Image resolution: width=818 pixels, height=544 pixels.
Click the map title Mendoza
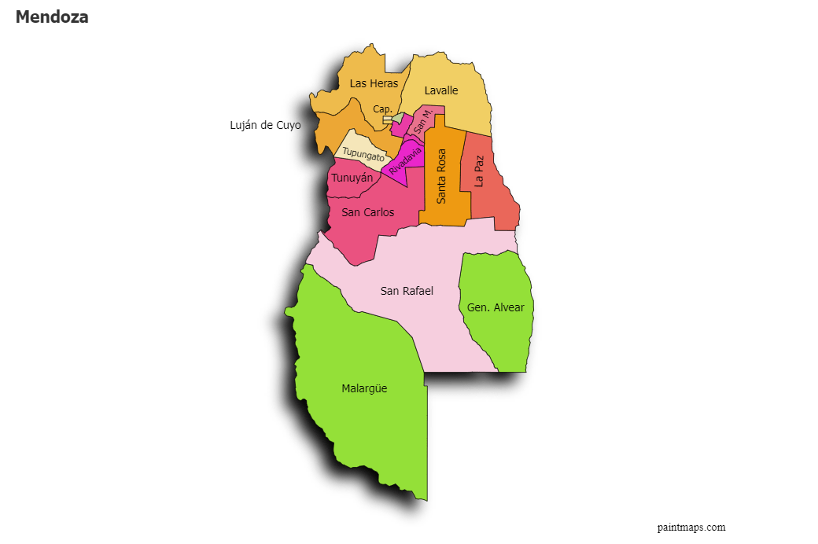[x=52, y=17]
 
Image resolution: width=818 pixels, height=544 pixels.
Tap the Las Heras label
[x=374, y=83]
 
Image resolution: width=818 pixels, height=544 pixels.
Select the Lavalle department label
[x=441, y=90]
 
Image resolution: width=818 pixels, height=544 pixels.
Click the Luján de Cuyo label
[x=265, y=125]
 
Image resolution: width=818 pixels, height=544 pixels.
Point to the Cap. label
[x=382, y=109]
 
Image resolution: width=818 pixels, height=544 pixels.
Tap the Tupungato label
[x=364, y=154]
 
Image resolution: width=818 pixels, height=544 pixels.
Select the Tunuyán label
[x=352, y=178]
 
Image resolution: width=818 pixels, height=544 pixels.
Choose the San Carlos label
[x=368, y=212]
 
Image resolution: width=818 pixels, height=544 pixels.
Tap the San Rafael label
[x=407, y=291]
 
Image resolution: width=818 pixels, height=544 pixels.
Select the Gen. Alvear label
[x=496, y=307]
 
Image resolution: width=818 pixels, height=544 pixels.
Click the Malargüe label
[x=364, y=388]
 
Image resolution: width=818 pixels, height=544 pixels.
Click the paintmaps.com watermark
[x=691, y=527]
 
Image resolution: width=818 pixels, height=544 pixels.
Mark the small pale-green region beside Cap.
[x=398, y=118]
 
